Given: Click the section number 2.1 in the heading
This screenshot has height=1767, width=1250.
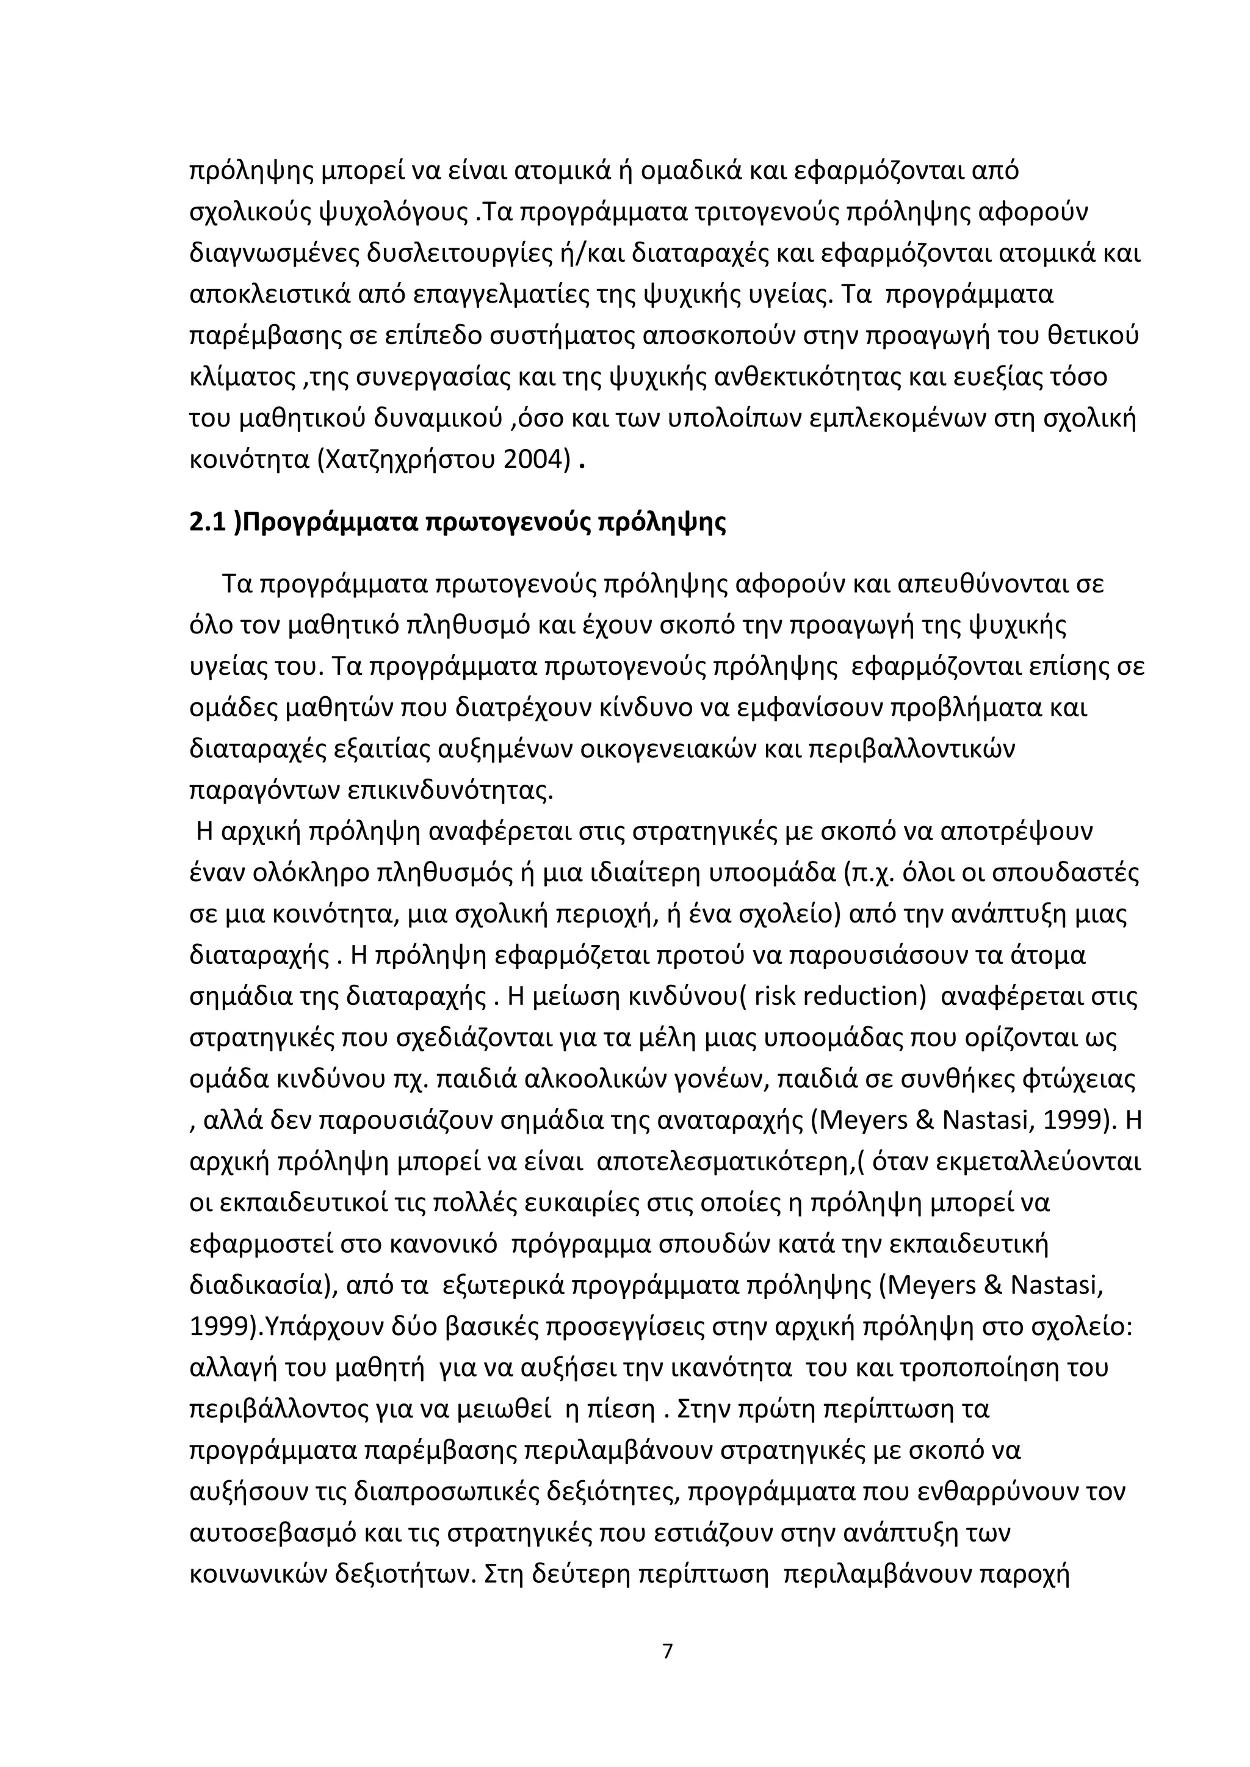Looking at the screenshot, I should (208, 522).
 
